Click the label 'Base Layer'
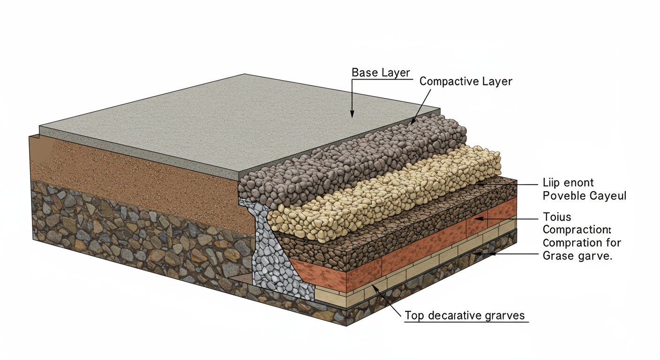click(381, 73)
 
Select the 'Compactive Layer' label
click(465, 81)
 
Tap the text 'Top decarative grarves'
click(464, 315)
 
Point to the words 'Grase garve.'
click(577, 256)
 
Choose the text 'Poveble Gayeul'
click(584, 195)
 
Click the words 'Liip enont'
click(568, 183)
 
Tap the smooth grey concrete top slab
click(234, 117)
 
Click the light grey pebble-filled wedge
click(277, 262)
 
